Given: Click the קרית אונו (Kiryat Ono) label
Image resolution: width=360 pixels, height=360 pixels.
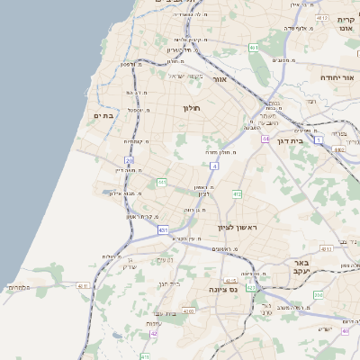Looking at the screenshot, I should [x=346, y=24].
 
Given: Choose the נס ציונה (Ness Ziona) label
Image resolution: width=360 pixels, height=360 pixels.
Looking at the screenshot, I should [x=221, y=290].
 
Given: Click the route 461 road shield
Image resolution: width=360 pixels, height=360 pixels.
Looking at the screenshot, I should [x=254, y=47].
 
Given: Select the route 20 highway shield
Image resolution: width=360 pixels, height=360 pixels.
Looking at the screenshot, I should [x=130, y=161].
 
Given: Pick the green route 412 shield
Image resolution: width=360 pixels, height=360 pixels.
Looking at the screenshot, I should [x=238, y=193].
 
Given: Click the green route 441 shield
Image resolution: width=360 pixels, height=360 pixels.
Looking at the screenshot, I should [x=162, y=183].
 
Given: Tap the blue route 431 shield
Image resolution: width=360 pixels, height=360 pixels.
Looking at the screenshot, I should [x=164, y=230].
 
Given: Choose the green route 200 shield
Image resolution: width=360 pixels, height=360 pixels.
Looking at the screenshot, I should [x=318, y=294].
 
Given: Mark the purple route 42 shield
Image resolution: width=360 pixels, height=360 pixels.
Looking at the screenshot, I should [x=154, y=334].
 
